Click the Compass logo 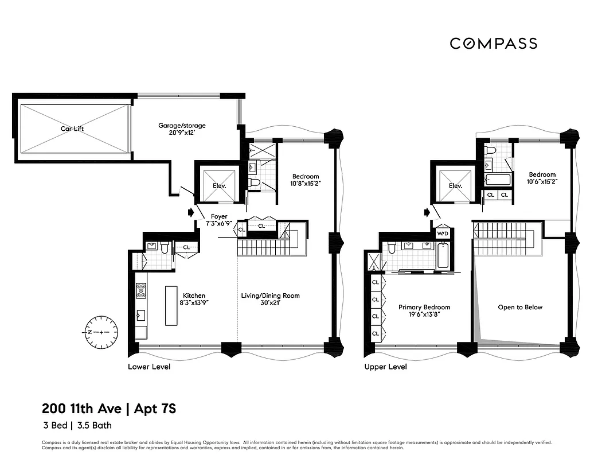point(493,44)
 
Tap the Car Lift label point(72,129)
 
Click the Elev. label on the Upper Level point(456,186)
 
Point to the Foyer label point(218,216)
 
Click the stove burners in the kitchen point(140,290)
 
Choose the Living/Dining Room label point(270,296)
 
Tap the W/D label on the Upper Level point(443,234)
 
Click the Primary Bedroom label point(424,307)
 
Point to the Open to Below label point(519,307)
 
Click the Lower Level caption point(148,367)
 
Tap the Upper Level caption point(385,367)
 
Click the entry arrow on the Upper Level point(426,212)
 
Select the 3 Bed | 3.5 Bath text point(77,426)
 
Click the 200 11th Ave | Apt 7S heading point(108,409)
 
